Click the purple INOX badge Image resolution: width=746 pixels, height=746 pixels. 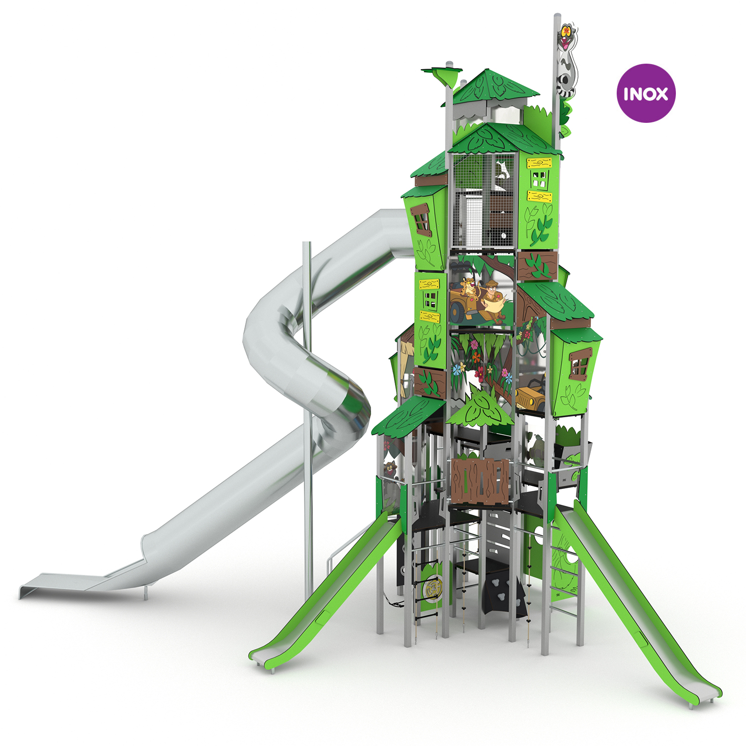tap(646, 93)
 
